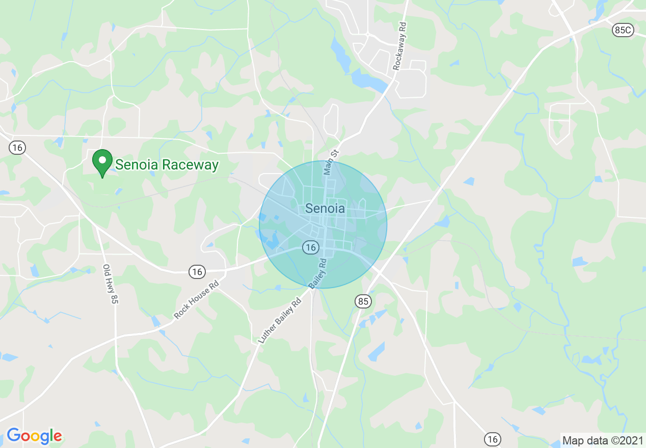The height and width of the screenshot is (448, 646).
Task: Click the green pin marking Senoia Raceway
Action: [102, 161]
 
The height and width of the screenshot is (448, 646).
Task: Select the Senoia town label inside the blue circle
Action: [325, 208]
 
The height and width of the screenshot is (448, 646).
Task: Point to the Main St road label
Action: [331, 162]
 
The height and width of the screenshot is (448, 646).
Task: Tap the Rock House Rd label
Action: [196, 300]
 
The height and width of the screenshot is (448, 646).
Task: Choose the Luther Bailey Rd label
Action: [280, 320]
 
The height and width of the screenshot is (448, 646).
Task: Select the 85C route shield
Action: [623, 31]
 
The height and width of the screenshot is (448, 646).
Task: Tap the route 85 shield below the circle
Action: [363, 301]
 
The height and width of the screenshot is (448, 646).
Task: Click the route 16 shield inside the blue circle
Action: [311, 247]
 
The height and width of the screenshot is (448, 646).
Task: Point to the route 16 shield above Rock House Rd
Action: [198, 272]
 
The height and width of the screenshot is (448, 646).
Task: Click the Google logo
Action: [34, 436]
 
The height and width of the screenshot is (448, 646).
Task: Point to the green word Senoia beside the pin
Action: [137, 165]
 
